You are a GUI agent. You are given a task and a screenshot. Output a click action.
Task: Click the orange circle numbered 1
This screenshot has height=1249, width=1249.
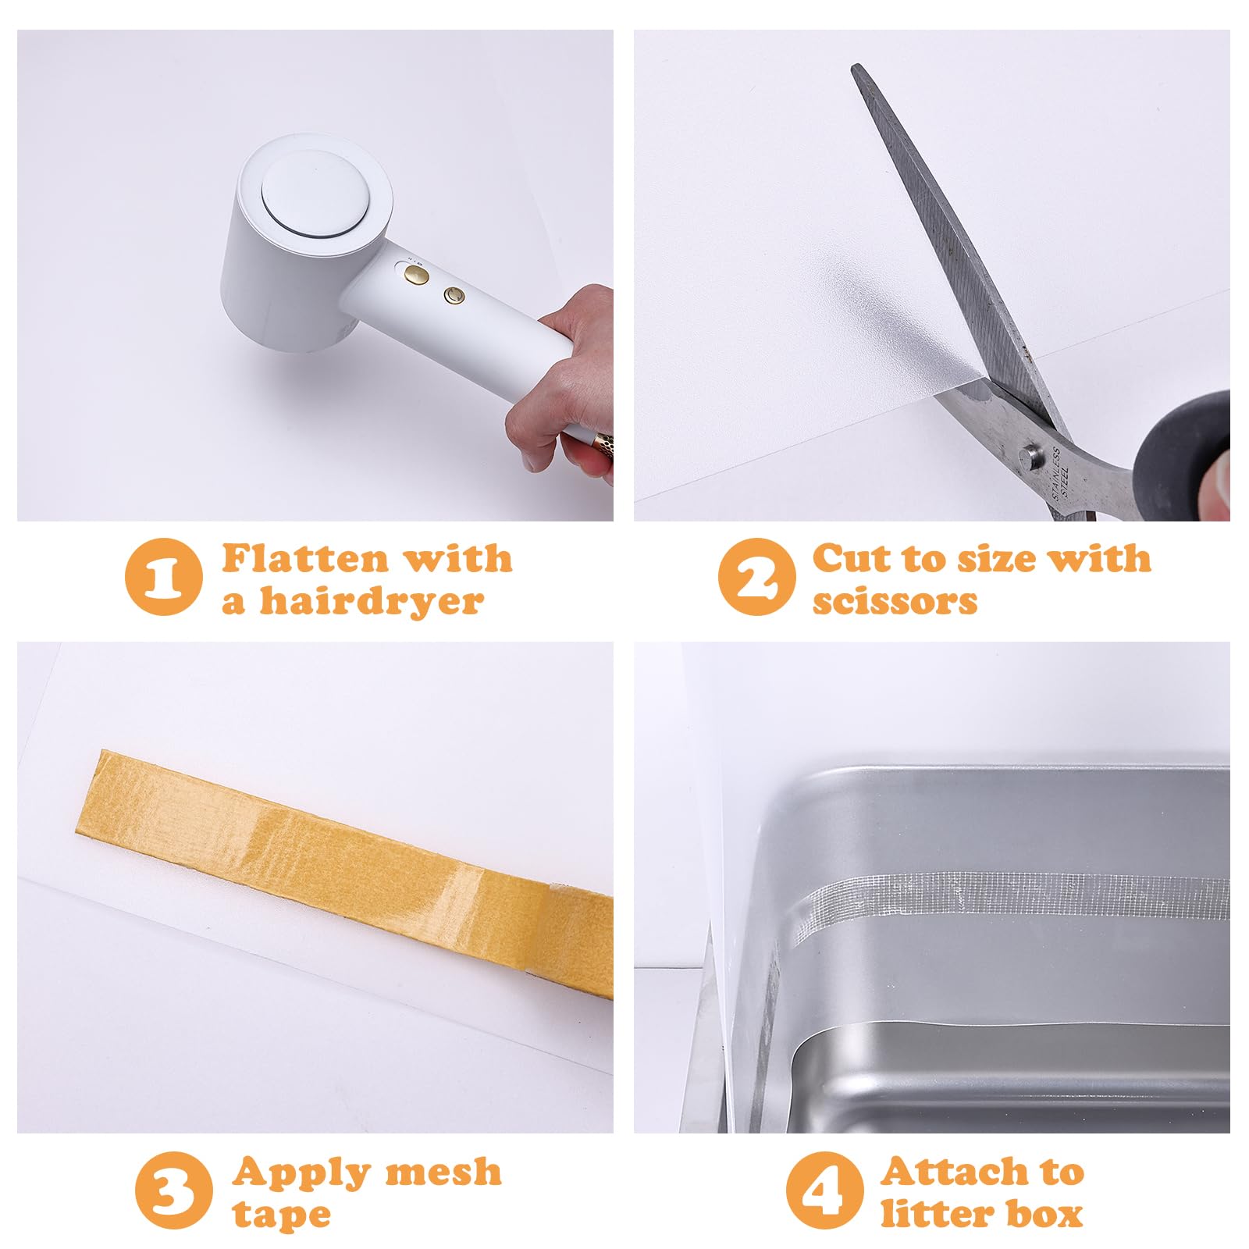coord(163,577)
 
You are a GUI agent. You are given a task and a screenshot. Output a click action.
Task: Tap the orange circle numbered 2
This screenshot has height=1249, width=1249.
coord(756,577)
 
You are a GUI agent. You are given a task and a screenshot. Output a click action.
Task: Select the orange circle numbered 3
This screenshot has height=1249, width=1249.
coord(173,1190)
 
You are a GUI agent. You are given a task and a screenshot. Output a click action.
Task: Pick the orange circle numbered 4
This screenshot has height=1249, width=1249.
coord(824,1190)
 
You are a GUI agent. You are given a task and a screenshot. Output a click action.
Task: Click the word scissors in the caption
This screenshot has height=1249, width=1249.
coord(895,601)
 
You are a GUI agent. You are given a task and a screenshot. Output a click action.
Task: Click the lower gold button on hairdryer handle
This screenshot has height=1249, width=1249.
coord(454,294)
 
